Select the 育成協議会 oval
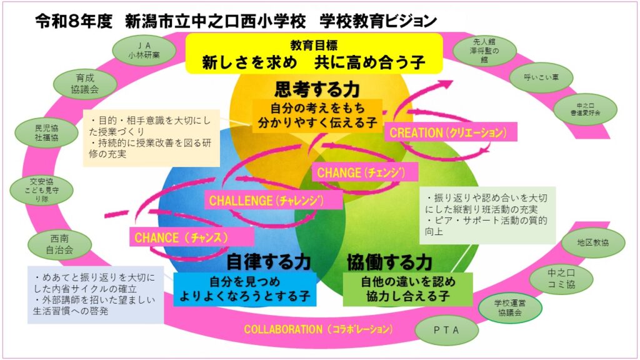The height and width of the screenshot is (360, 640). tap(85, 84)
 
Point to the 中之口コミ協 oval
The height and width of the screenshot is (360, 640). tap(561, 279)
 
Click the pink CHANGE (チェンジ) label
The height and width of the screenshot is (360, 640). tap(358, 172)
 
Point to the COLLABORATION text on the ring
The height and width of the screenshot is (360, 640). tap(318, 329)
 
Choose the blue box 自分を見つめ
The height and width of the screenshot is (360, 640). tap(245, 289)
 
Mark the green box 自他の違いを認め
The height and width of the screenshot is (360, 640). tap(407, 288)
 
